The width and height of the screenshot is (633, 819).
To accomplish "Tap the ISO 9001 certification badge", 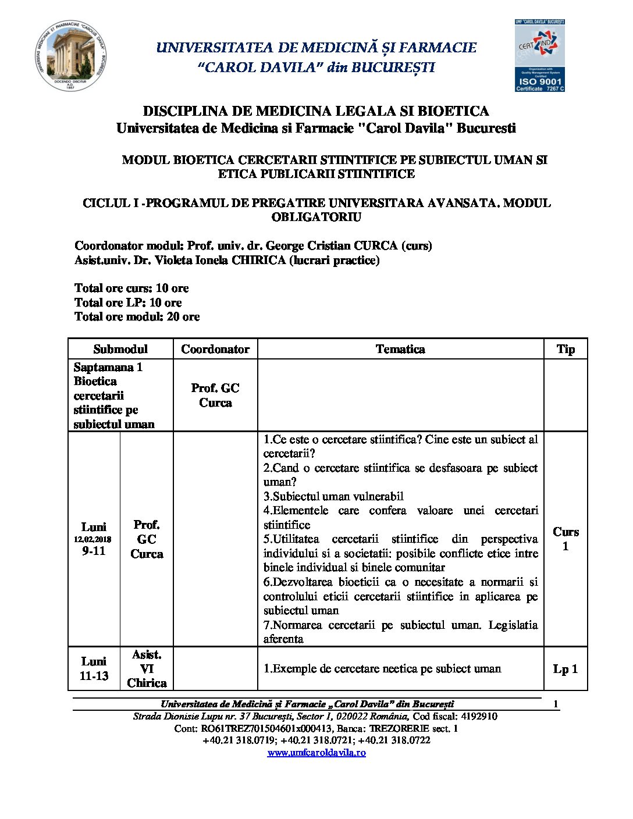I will pyautogui.click(x=539, y=56).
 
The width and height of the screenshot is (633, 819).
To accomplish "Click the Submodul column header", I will pyautogui.click(x=120, y=349).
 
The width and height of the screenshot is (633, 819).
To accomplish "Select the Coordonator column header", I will pyautogui.click(x=215, y=349).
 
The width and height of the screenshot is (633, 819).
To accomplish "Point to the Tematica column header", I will pyautogui.click(x=400, y=349).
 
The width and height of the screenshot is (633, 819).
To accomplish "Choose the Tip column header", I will pyautogui.click(x=566, y=349).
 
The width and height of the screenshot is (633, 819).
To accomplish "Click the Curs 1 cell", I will pyautogui.click(x=566, y=539).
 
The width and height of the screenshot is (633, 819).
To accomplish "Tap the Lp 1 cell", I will pyautogui.click(x=566, y=669).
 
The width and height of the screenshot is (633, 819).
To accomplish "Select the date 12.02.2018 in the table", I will pyautogui.click(x=93, y=539).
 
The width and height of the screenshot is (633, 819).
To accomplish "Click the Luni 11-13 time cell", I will pyautogui.click(x=94, y=668).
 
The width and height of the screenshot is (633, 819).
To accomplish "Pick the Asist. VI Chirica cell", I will pyautogui.click(x=147, y=669).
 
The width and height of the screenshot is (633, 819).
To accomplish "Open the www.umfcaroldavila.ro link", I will pyautogui.click(x=316, y=753).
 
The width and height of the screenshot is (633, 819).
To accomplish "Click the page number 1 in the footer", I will pyautogui.click(x=556, y=704).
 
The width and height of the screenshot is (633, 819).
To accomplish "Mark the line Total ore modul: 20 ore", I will pyautogui.click(x=137, y=316).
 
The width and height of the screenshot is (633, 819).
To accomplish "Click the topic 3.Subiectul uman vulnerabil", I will pyautogui.click(x=333, y=496).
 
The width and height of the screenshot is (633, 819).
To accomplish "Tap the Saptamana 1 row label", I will pyautogui.click(x=108, y=367).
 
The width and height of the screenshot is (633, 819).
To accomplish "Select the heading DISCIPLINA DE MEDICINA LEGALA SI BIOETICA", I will pyautogui.click(x=316, y=111).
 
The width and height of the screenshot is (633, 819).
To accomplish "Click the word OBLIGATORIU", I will pyautogui.click(x=316, y=217).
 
